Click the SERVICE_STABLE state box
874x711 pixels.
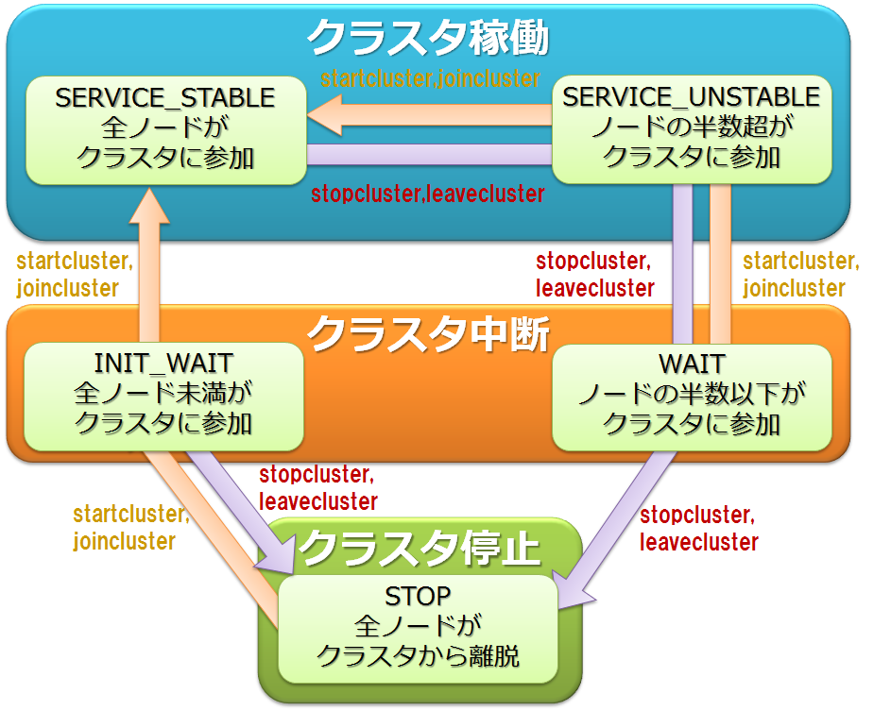click(x=165, y=130)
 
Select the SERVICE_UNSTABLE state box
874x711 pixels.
click(x=691, y=130)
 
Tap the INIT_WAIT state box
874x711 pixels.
click(x=163, y=395)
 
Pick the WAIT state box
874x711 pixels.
click(x=691, y=395)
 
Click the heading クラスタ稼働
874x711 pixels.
click(x=427, y=39)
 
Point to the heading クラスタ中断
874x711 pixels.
click(x=427, y=332)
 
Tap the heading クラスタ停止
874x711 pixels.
click(x=420, y=547)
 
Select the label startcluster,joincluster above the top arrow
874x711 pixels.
click(x=430, y=78)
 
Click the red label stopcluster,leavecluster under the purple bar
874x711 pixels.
click(x=427, y=195)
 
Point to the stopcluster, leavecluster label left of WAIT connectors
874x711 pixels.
click(x=593, y=275)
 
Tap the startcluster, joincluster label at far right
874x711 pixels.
click(x=799, y=275)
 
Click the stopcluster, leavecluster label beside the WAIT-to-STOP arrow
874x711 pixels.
click(x=698, y=530)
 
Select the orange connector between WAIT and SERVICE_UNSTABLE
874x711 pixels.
click(x=721, y=264)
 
